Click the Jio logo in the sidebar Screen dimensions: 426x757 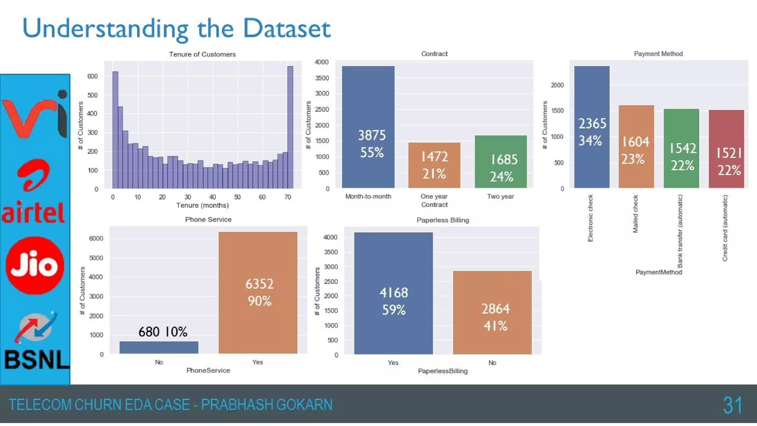click(x=35, y=266)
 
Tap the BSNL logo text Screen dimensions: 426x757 click(x=37, y=359)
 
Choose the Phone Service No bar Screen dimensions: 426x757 click(x=159, y=347)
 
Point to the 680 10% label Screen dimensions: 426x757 click(x=163, y=332)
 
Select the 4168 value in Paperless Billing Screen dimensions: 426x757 click(x=394, y=293)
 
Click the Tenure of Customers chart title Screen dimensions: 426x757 click(x=202, y=54)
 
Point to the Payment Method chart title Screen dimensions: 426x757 click(x=658, y=54)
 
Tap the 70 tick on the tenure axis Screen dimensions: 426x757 click(x=288, y=197)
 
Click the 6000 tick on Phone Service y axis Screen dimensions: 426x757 click(x=96, y=239)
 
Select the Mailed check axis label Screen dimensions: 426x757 click(x=635, y=214)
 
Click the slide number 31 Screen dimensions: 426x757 click(x=732, y=405)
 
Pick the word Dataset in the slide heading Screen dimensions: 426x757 click(x=286, y=28)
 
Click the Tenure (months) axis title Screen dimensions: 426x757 click(x=202, y=205)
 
